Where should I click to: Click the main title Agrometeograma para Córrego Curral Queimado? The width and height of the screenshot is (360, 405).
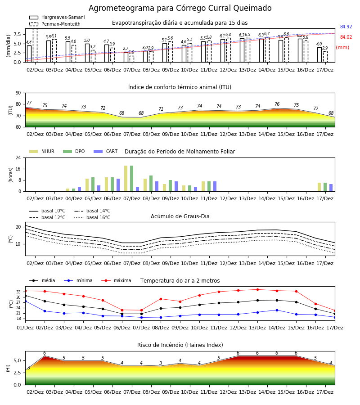(x=180, y=8)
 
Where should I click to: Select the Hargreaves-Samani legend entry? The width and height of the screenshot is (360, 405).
(x=57, y=17)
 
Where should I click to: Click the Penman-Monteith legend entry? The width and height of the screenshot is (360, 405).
(x=55, y=24)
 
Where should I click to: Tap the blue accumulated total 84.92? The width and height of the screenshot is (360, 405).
(x=346, y=27)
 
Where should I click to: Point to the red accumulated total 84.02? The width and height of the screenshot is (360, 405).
(x=346, y=37)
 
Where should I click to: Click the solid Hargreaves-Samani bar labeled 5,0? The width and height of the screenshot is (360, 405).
(x=87, y=53)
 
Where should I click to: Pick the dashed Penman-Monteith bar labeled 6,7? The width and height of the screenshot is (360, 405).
(x=267, y=50)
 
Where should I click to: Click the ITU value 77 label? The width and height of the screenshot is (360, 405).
(x=29, y=103)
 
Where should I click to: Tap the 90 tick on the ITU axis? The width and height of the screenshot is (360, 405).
(x=18, y=93)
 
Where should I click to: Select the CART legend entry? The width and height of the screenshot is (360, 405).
(x=106, y=151)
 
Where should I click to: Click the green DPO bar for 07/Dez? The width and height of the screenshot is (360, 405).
(x=132, y=179)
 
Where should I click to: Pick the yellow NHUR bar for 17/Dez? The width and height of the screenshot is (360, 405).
(x=319, y=187)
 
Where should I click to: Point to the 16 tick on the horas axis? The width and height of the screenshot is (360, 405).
(x=18, y=169)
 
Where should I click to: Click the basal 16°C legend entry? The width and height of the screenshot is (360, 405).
(x=92, y=217)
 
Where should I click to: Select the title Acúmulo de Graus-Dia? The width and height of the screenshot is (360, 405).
(x=180, y=216)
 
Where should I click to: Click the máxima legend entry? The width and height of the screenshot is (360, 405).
(x=116, y=280)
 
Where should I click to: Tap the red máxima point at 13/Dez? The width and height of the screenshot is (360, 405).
(x=257, y=289)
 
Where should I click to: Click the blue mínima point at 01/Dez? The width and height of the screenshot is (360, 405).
(x=25, y=301)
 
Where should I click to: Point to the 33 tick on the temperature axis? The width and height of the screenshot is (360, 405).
(x=18, y=292)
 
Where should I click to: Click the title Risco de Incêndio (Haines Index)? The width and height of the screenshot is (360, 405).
(x=180, y=345)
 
